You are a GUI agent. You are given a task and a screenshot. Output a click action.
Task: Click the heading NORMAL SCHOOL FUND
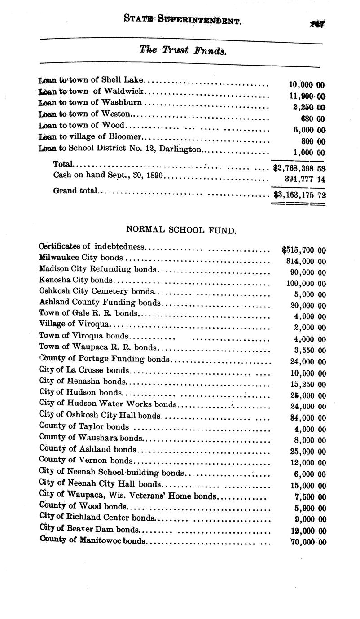181,230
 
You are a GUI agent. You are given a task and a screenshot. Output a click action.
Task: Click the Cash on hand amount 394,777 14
305,179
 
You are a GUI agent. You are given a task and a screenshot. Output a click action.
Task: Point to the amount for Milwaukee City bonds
306,261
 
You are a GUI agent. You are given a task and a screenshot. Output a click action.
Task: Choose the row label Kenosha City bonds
76,280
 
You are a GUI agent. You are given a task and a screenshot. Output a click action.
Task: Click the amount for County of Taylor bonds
310,430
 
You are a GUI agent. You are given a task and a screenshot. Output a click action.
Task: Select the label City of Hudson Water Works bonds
108,404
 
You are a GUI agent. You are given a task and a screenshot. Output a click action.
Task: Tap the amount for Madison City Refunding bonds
308,272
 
